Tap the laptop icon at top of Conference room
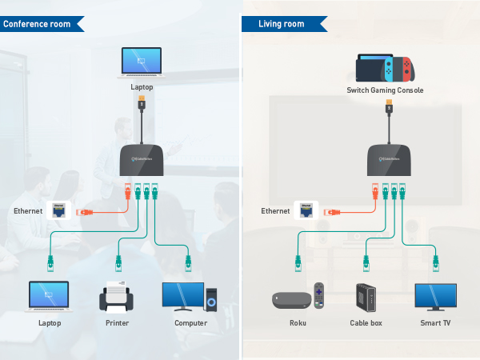[141, 62]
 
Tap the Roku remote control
[319, 295]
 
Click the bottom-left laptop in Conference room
[50, 297]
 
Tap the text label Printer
[117, 323]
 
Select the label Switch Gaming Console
[385, 90]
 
